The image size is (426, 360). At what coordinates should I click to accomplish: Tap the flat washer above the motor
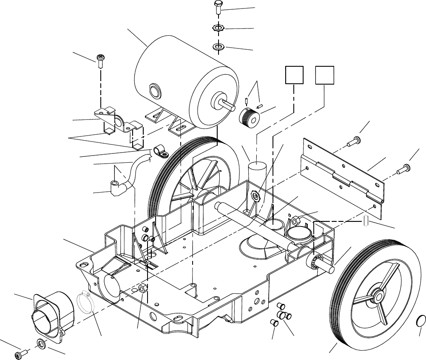218,46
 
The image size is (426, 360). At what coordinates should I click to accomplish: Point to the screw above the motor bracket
101,60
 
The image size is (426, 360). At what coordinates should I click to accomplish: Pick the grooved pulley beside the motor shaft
248,117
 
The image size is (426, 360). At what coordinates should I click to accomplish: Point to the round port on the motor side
154,91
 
